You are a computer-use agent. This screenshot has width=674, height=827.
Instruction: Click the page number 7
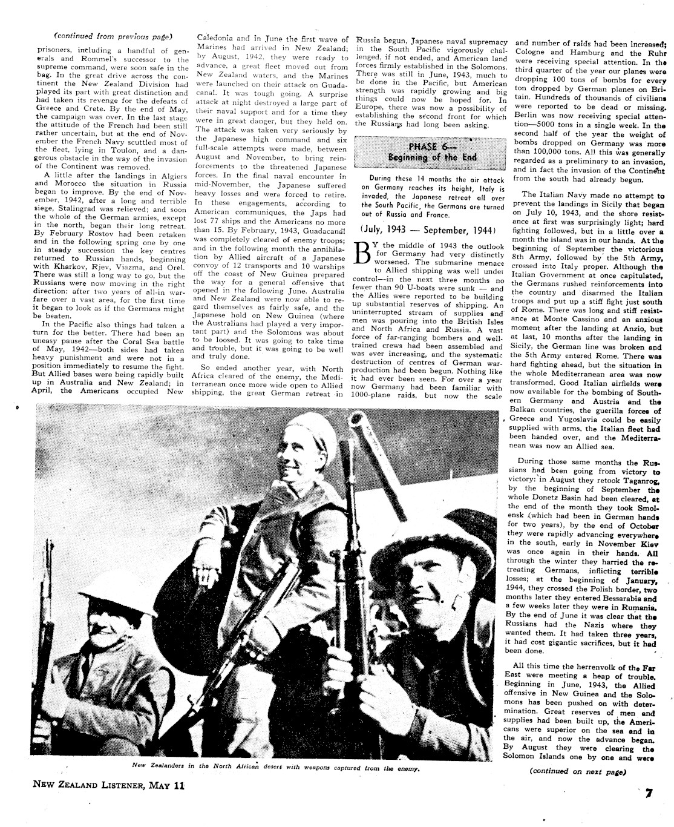[x=648, y=793]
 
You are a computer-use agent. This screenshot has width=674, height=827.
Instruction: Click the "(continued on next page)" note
[x=577, y=771]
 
